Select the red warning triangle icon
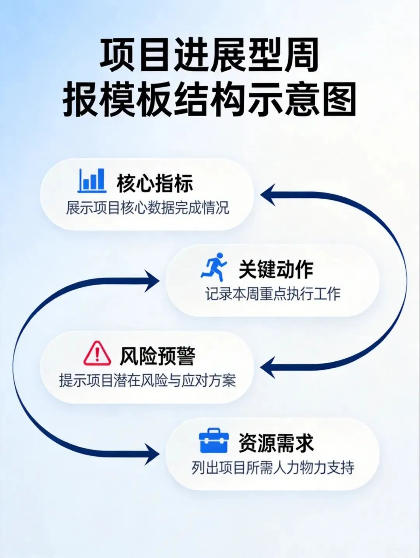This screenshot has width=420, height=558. coord(97,353)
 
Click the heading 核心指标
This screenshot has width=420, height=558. coord(154,183)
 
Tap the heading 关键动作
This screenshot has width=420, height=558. coord(276,269)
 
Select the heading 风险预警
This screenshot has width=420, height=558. coord(157,356)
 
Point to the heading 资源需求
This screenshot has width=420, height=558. coord(276,443)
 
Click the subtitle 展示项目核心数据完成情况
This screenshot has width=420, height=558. coord(147,208)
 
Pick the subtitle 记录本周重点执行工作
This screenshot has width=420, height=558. coord(273,294)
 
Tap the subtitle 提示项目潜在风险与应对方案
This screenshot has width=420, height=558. coord(147,380)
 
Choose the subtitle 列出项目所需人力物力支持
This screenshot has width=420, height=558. coord(273,467)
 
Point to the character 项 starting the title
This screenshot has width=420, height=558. coord(118,55)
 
